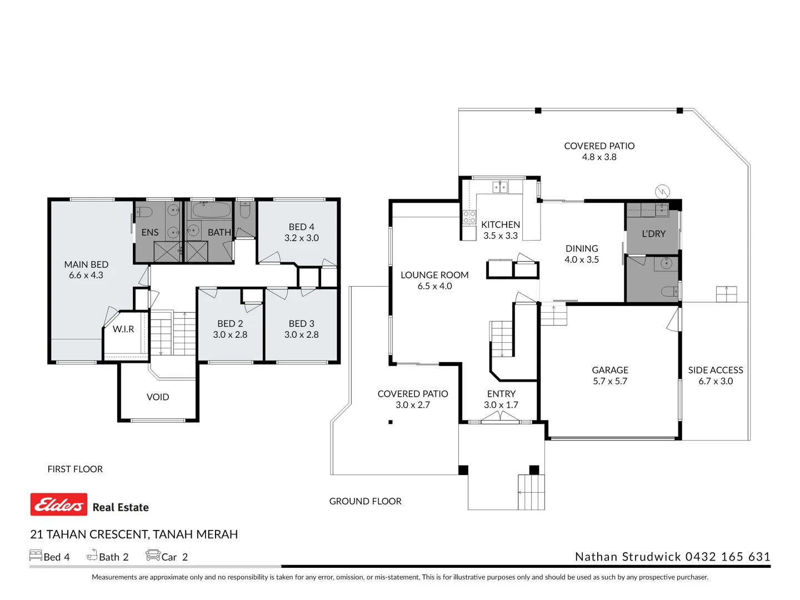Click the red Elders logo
pos(59,504)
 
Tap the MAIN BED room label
pos(86,264)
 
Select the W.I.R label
pos(123,329)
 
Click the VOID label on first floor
pos(158,397)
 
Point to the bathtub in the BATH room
pos(211,211)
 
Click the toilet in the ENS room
pos(144,211)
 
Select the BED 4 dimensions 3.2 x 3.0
pos(302,238)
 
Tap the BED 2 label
pos(230,323)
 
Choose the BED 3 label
pos(302,323)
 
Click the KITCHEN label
pos(501,224)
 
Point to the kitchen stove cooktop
pos(469,217)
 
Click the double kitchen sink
pos(500,187)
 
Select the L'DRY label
pos(653,233)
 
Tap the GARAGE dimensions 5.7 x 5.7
pos(610,381)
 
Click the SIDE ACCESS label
pos(716,370)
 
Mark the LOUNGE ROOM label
pos(434,275)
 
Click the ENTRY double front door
pos(501,417)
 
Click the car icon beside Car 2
pos(153,555)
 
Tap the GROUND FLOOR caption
pos(365,501)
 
